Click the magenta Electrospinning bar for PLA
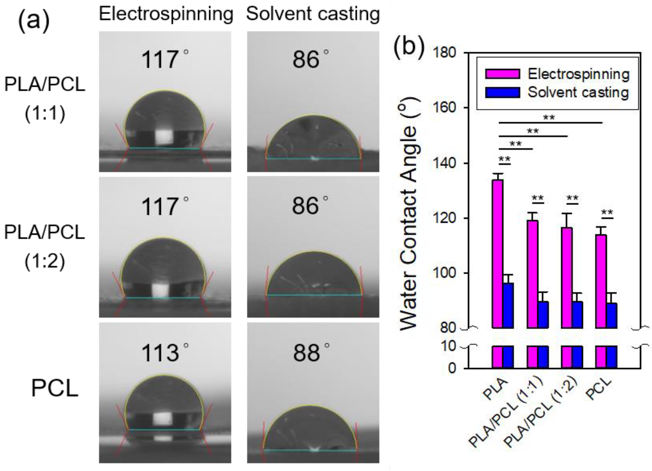[497, 253]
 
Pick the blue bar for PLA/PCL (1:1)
[543, 314]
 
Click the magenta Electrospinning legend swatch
[503, 74]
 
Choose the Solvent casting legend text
[578, 92]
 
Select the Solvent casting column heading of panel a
[313, 14]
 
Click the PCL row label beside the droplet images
[55, 388]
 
